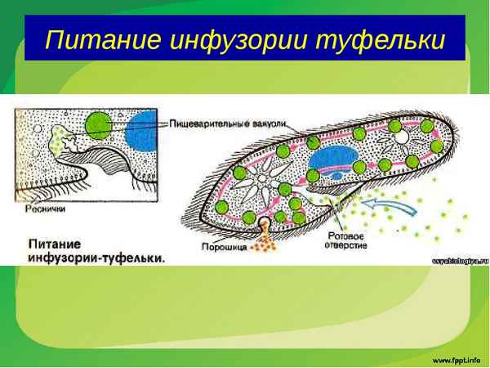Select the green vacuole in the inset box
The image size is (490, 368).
100,123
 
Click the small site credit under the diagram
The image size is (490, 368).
458,261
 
